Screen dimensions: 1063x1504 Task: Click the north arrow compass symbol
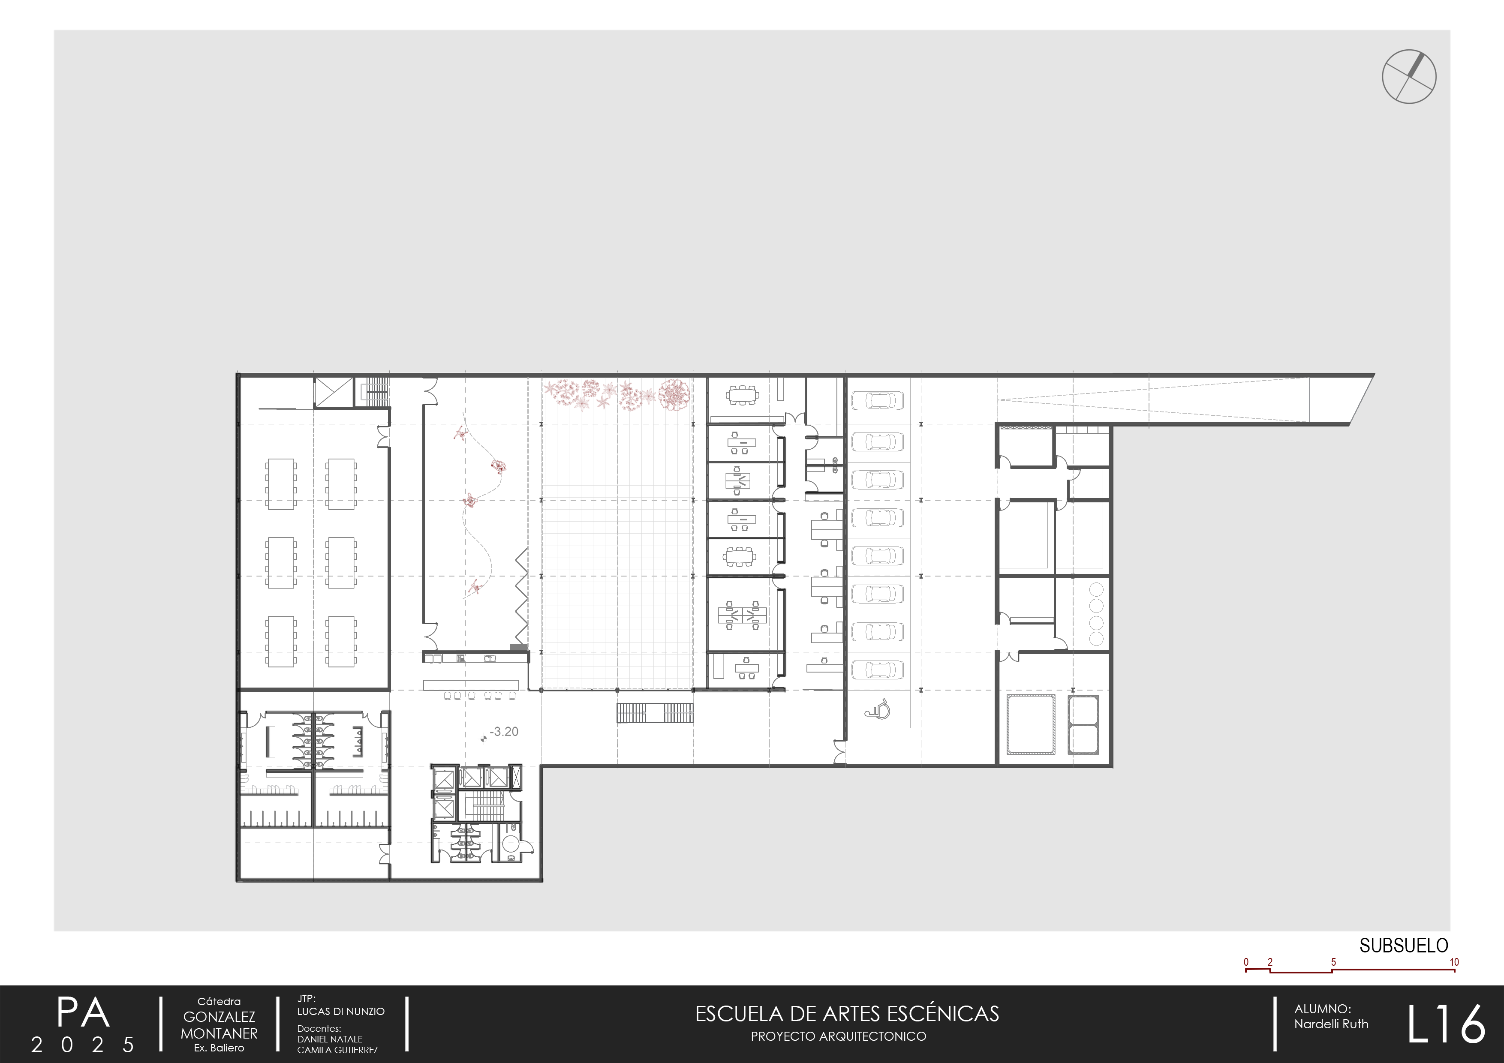point(1409,77)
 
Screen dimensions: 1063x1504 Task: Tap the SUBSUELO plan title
point(1403,946)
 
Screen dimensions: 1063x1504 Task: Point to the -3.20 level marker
point(504,732)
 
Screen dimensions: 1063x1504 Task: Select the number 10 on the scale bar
point(1454,962)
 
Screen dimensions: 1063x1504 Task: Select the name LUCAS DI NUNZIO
point(340,1011)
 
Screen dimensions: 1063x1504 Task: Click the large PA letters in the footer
point(83,1013)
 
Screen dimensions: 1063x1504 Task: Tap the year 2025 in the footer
point(83,1045)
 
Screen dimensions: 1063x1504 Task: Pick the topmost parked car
point(877,400)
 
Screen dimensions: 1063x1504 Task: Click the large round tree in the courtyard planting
point(675,395)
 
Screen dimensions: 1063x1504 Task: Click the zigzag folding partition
point(521,596)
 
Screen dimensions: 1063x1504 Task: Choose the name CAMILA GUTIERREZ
point(337,1050)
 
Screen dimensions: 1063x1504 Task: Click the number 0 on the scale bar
point(1246,962)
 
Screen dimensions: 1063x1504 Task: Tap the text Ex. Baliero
point(219,1048)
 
